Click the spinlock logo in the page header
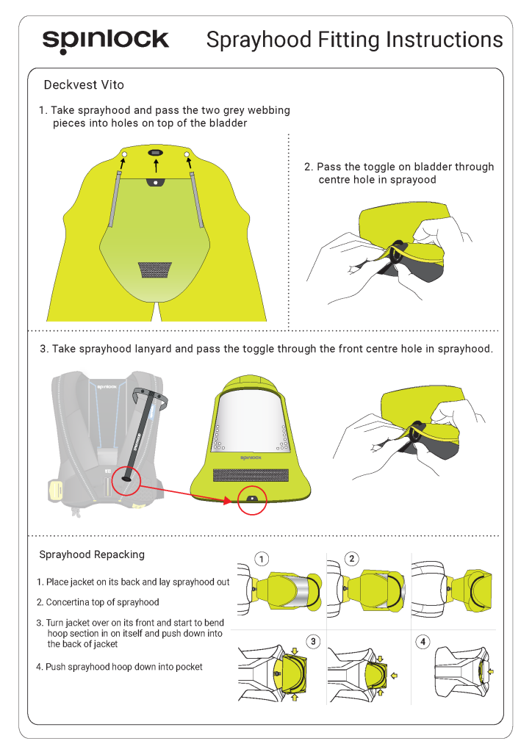tap(105, 41)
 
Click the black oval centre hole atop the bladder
tap(156, 152)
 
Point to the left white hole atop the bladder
tap(124, 154)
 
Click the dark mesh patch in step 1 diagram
tap(156, 270)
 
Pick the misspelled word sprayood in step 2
tap(413, 180)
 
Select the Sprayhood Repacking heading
tap(92, 554)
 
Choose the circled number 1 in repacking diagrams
tap(262, 558)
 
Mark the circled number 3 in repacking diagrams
tap(313, 641)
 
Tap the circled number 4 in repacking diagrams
tap(423, 641)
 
